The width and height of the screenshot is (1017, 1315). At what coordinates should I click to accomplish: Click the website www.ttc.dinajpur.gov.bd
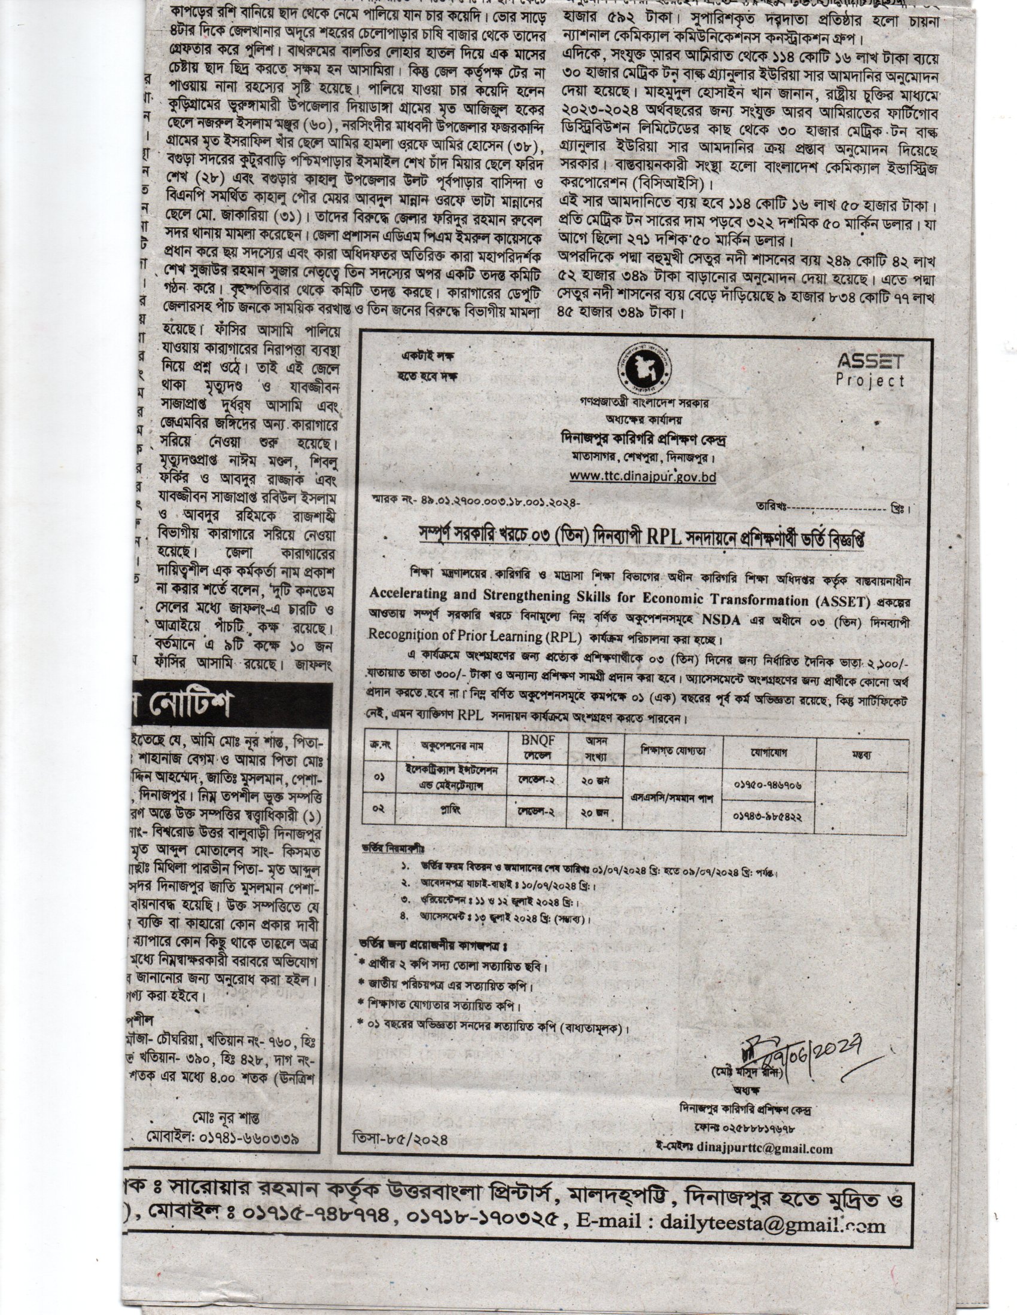643,476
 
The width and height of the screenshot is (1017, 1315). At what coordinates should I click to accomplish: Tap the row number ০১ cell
379,778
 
